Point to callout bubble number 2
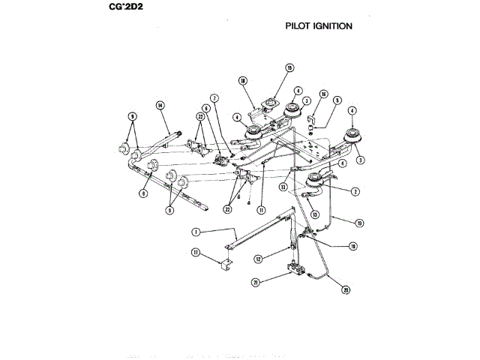354,191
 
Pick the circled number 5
337,100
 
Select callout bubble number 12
258,259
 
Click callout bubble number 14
160,106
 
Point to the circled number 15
289,68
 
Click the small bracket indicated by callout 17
226,263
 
